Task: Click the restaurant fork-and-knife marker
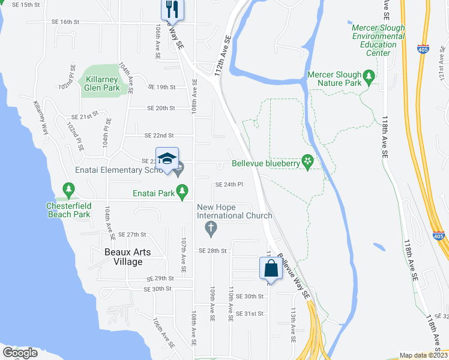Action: [x=173, y=9]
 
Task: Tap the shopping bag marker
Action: [x=271, y=268]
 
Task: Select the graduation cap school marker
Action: [x=167, y=159]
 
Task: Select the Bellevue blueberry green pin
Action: [x=308, y=161]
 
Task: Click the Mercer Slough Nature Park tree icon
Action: [x=369, y=76]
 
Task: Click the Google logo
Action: [x=20, y=353]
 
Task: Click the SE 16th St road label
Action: [x=65, y=22]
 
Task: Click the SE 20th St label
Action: [x=161, y=108]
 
